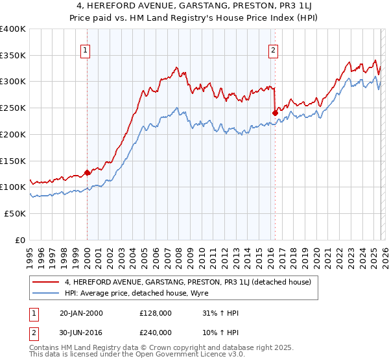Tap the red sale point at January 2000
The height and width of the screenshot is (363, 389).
point(87,173)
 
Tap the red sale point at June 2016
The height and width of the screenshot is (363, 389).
point(275,113)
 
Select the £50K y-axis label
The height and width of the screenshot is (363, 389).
point(15,213)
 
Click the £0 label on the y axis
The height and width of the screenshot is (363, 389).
point(19,240)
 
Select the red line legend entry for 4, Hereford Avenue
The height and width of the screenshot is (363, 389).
point(188,282)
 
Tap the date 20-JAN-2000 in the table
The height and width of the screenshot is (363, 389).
point(80,313)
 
